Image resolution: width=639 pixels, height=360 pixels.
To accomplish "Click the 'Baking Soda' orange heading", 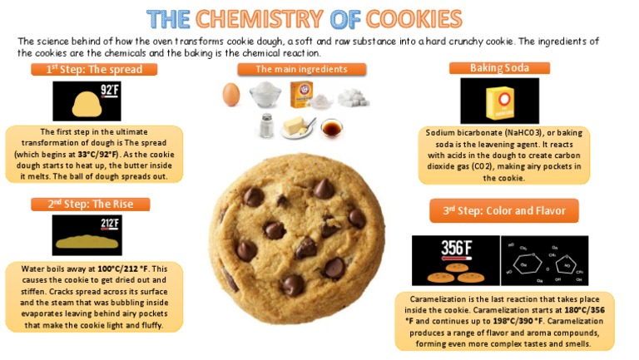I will point(499,68).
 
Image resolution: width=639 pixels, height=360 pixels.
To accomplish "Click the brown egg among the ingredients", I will point(231,95).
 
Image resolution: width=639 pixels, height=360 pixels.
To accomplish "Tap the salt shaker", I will point(266,126).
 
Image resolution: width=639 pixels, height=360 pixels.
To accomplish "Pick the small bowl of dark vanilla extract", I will point(331,128).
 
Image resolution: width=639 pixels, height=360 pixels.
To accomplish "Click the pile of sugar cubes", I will point(354,97).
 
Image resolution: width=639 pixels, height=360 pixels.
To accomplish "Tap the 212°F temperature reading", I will point(110,224).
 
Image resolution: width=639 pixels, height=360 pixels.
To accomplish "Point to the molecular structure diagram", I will point(543,259).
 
